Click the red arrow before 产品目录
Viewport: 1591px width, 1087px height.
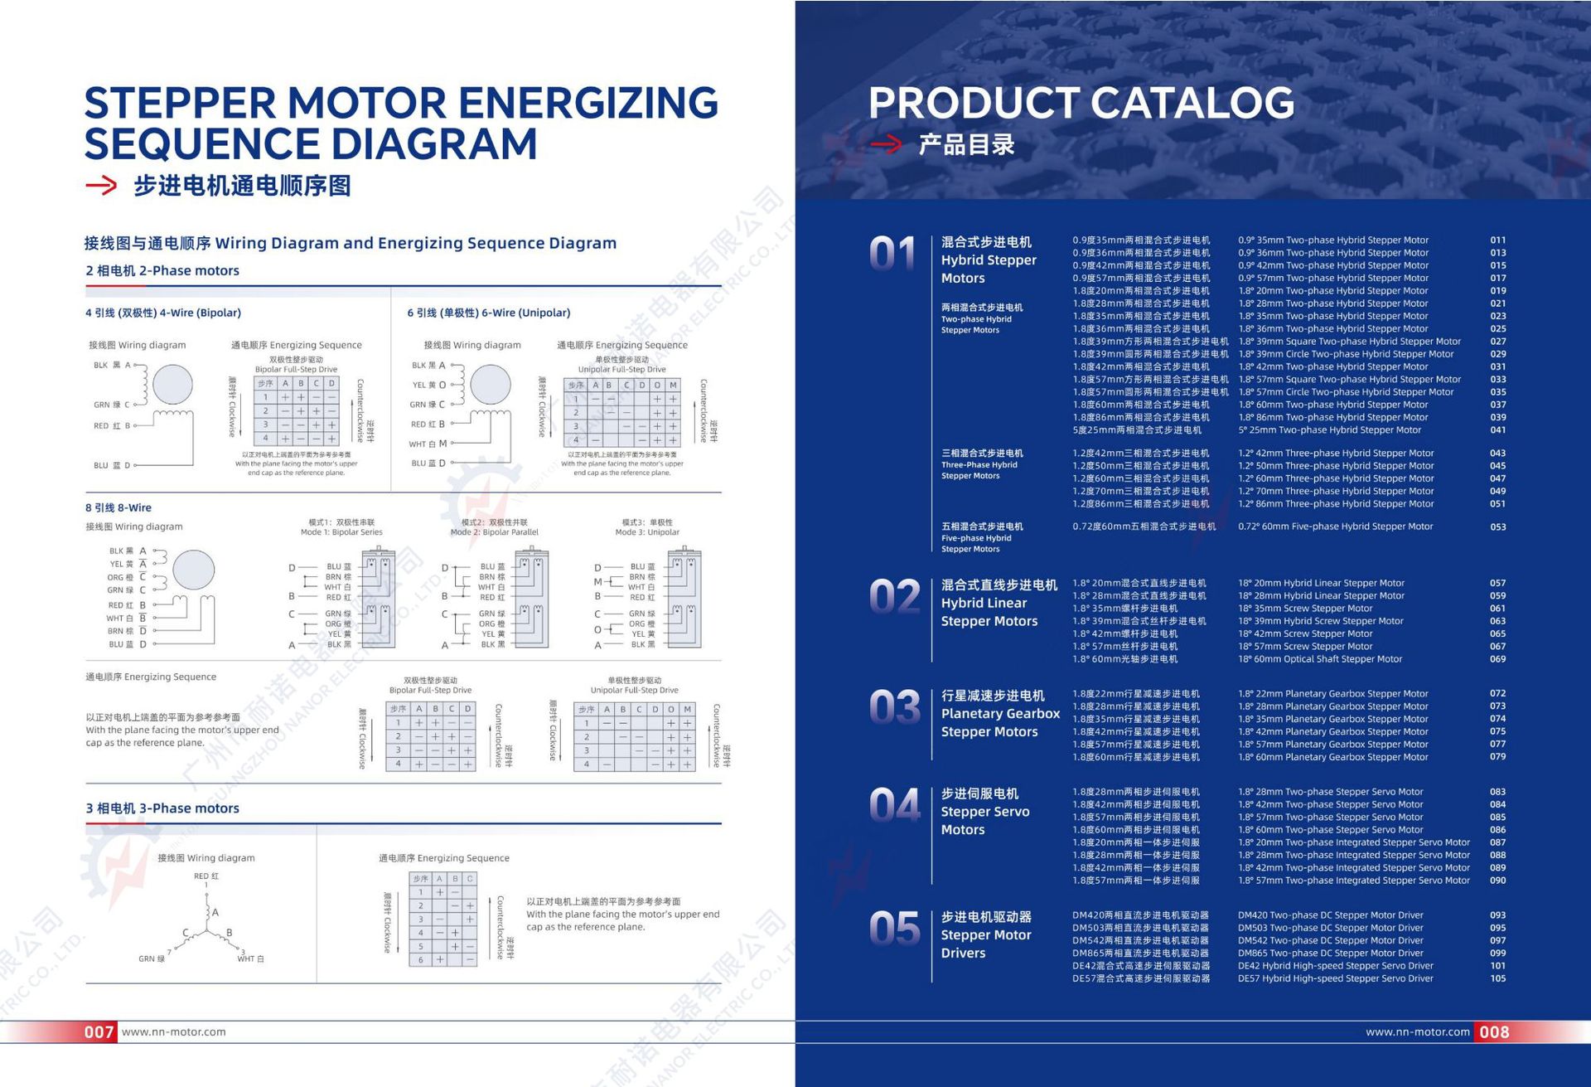885,145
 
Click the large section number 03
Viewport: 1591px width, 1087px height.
894,707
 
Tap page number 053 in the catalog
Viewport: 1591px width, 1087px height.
1497,527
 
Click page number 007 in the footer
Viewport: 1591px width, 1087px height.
99,1032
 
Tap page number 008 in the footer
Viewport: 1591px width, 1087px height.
1494,1032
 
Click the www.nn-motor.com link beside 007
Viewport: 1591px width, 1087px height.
173,1032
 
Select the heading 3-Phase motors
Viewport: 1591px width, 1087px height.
162,808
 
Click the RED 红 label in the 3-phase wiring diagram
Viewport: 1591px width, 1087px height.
206,876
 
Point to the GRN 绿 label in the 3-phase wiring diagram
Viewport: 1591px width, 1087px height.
151,958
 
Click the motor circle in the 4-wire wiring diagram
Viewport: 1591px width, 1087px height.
172,385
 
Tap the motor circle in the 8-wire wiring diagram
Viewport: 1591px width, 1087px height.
194,569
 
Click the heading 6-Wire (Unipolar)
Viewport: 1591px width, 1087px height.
489,313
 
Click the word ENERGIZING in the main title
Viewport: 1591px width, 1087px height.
588,103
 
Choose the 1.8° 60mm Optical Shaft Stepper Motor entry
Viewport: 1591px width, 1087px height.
1320,659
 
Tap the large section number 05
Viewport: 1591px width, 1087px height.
894,929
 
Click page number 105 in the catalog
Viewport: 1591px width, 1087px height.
1497,978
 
